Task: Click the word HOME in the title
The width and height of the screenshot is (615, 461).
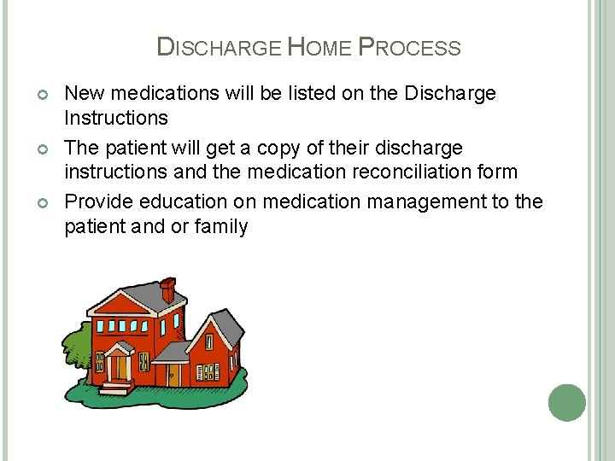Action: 319,48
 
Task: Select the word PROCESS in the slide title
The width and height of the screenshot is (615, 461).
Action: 410,48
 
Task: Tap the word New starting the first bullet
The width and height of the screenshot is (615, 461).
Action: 85,93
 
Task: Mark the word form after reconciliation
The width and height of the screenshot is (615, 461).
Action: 499,172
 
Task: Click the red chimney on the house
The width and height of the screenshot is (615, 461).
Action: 168,289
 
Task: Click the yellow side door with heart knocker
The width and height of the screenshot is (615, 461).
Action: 173,374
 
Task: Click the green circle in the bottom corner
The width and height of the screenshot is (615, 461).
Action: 567,402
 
